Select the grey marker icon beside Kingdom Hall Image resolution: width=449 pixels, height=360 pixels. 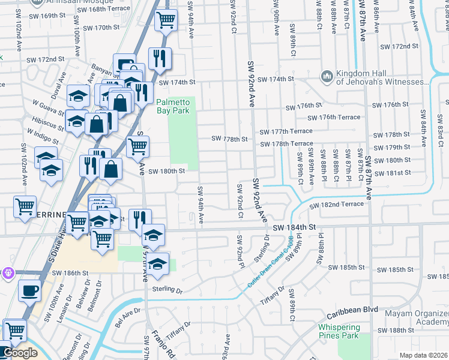pos(327,76)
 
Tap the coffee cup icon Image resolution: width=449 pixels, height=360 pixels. pos(28,292)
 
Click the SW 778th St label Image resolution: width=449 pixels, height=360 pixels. pos(229,139)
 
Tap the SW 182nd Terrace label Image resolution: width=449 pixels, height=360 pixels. pos(336,205)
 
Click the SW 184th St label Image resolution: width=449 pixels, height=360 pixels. pos(294,227)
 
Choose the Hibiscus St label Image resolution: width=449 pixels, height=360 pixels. pos(50,123)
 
